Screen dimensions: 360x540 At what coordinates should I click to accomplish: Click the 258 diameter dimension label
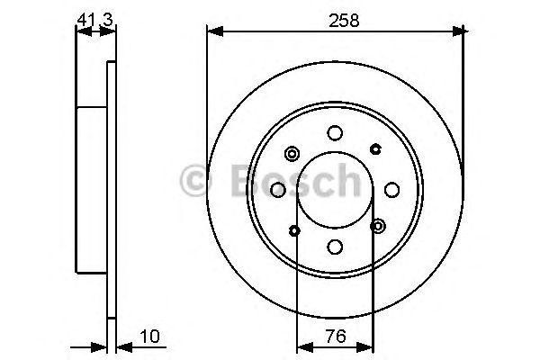pyautogui.click(x=337, y=20)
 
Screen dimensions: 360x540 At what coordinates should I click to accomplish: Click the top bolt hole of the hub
pyautogui.click(x=336, y=132)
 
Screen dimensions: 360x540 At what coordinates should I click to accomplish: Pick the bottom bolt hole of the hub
pyautogui.click(x=336, y=246)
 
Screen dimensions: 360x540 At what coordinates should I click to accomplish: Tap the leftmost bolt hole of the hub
pyautogui.click(x=278, y=189)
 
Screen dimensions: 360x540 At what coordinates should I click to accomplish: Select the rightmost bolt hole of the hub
pyautogui.click(x=392, y=189)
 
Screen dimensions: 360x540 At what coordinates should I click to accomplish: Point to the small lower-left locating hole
pyautogui.click(x=294, y=230)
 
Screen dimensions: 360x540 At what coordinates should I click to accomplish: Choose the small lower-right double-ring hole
pyautogui.click(x=378, y=225)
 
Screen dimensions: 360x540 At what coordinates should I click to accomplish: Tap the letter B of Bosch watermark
pyautogui.click(x=237, y=183)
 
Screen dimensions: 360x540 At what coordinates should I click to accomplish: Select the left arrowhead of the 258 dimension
pyautogui.click(x=213, y=32)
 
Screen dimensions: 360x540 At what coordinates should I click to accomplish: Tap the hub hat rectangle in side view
pyautogui.click(x=92, y=188)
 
